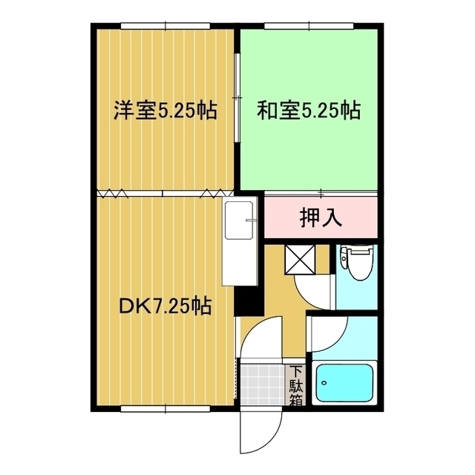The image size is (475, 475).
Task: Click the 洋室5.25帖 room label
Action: [165, 111]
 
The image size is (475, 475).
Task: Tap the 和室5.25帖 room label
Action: [309, 111]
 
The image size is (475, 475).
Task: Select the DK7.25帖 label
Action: [165, 305]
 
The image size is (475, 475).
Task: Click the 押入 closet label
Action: [321, 217]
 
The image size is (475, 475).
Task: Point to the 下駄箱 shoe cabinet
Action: [295, 386]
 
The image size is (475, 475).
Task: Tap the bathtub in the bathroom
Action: [346, 384]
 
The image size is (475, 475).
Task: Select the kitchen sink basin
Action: [239, 221]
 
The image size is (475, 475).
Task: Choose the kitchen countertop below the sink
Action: [239, 264]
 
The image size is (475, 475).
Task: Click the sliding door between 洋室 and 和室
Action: [237, 78]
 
